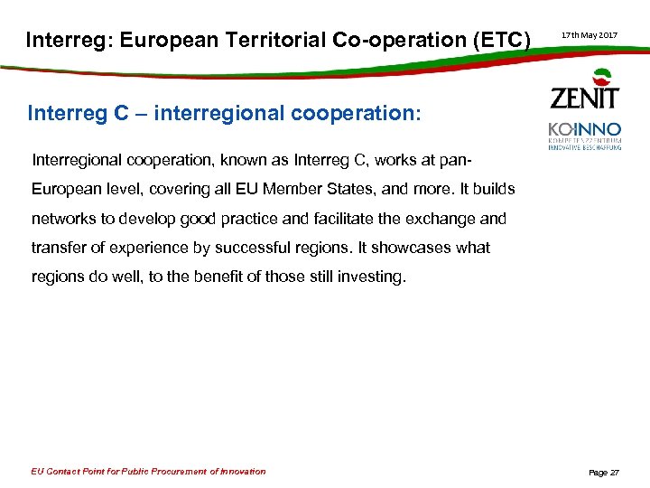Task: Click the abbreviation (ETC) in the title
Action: tap(498, 40)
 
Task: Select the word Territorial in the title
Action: tap(280, 40)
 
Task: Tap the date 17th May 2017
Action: tap(590, 35)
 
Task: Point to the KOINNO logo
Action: tap(585, 136)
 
